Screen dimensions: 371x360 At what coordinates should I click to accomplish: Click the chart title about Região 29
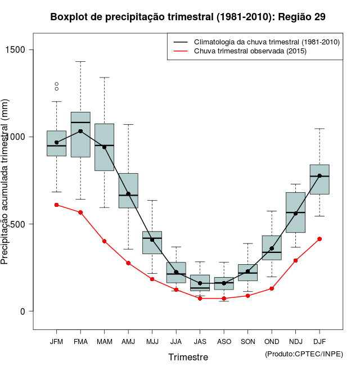click(188, 17)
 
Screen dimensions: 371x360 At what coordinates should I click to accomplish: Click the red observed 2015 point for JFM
click(56, 205)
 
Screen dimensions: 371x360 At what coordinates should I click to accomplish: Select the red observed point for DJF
click(319, 239)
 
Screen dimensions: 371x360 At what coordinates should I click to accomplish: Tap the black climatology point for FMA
click(80, 131)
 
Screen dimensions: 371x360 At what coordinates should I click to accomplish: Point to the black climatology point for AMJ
click(128, 194)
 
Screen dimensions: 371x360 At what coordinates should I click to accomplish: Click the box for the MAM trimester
click(104, 147)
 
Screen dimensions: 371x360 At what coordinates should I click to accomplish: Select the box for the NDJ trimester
click(295, 212)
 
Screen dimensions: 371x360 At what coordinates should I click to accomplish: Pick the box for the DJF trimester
click(319, 179)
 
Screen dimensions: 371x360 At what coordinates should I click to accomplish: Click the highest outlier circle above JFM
click(56, 84)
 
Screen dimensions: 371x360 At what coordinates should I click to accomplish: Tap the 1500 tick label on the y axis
click(24, 49)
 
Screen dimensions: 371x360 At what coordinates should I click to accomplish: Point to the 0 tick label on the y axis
click(24, 311)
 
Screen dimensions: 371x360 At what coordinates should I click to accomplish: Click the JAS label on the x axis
click(200, 341)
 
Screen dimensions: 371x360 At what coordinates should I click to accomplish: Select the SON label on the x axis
click(247, 341)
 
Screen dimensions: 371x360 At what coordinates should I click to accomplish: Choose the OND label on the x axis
click(272, 341)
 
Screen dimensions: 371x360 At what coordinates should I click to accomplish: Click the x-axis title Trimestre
click(188, 357)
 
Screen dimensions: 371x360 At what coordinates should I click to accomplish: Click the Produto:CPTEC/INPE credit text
click(304, 354)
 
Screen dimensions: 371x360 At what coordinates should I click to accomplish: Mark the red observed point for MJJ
click(152, 279)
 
